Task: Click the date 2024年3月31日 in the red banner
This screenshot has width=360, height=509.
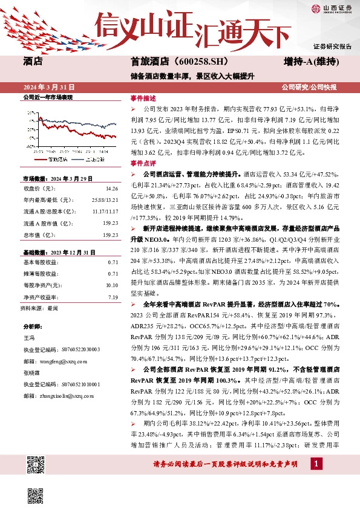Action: tap(48, 86)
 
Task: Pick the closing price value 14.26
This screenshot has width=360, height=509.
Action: tap(112, 188)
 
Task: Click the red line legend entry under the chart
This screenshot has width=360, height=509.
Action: tap(58, 160)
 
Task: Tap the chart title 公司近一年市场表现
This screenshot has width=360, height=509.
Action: tap(47, 97)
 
